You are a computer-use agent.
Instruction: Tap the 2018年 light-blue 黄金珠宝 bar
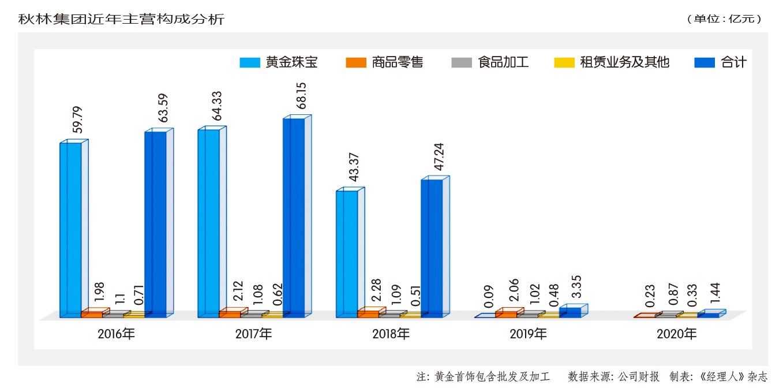click(347, 253)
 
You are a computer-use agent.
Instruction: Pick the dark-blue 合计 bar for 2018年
click(432, 248)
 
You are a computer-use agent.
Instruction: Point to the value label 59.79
click(77, 120)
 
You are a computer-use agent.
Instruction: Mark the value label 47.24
click(439, 156)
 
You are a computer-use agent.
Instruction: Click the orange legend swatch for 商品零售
click(355, 62)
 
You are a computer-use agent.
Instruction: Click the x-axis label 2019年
click(529, 334)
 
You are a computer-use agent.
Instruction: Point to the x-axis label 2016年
click(116, 334)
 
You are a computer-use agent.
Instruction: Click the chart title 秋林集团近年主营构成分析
click(121, 18)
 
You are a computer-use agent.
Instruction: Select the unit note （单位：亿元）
click(724, 19)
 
